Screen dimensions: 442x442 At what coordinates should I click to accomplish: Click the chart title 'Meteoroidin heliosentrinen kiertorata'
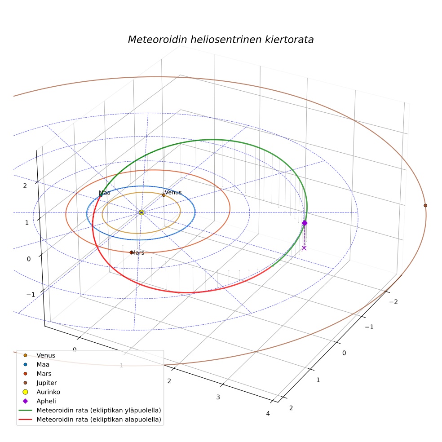pos(221,40)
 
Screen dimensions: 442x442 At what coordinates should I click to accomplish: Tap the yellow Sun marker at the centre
pos(141,212)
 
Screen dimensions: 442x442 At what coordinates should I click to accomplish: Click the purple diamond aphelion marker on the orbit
pos(305,223)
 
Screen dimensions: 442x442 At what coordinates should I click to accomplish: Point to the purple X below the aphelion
pos(304,248)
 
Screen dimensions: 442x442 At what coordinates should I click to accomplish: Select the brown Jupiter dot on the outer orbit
pos(425,205)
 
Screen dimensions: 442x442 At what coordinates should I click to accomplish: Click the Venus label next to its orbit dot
pos(173,192)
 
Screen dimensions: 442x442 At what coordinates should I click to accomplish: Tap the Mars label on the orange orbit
pos(137,252)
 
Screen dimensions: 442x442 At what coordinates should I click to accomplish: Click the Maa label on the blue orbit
pos(105,193)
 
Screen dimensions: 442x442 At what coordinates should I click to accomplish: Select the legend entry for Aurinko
pos(41,392)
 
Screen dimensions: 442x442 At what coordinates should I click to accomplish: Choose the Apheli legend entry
pos(39,401)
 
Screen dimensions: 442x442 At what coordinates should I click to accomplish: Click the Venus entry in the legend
pos(39,355)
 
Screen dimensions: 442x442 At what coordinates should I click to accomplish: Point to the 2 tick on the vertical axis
pos(25,186)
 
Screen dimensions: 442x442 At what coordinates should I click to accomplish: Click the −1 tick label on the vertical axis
pos(31,295)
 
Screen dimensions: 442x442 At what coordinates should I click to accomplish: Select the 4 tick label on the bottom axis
pos(268,414)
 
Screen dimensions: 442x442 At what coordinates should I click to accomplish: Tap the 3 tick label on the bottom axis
pos(218,397)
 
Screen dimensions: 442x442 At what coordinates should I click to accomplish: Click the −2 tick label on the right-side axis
pos(393,302)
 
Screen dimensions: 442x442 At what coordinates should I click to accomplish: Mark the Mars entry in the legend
pos(39,374)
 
